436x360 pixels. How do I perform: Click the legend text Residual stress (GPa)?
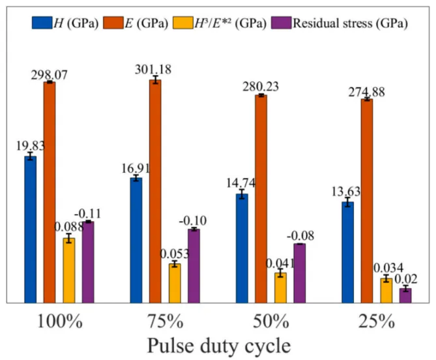pos(350,23)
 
